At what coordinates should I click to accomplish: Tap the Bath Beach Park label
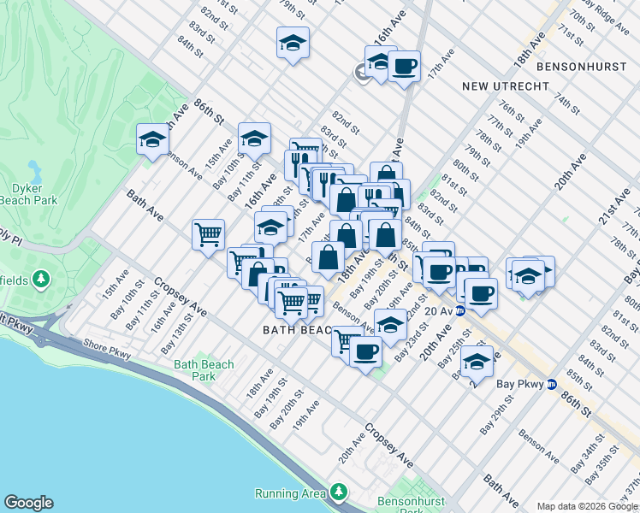(x=204, y=370)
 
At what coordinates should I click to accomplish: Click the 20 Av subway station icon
(x=459, y=310)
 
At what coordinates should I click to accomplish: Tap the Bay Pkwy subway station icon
(x=552, y=384)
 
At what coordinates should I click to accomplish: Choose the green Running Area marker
(x=340, y=492)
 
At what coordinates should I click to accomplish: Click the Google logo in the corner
(x=28, y=503)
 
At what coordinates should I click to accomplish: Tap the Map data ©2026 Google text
(x=586, y=505)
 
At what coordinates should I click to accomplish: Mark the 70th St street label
(x=582, y=18)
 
